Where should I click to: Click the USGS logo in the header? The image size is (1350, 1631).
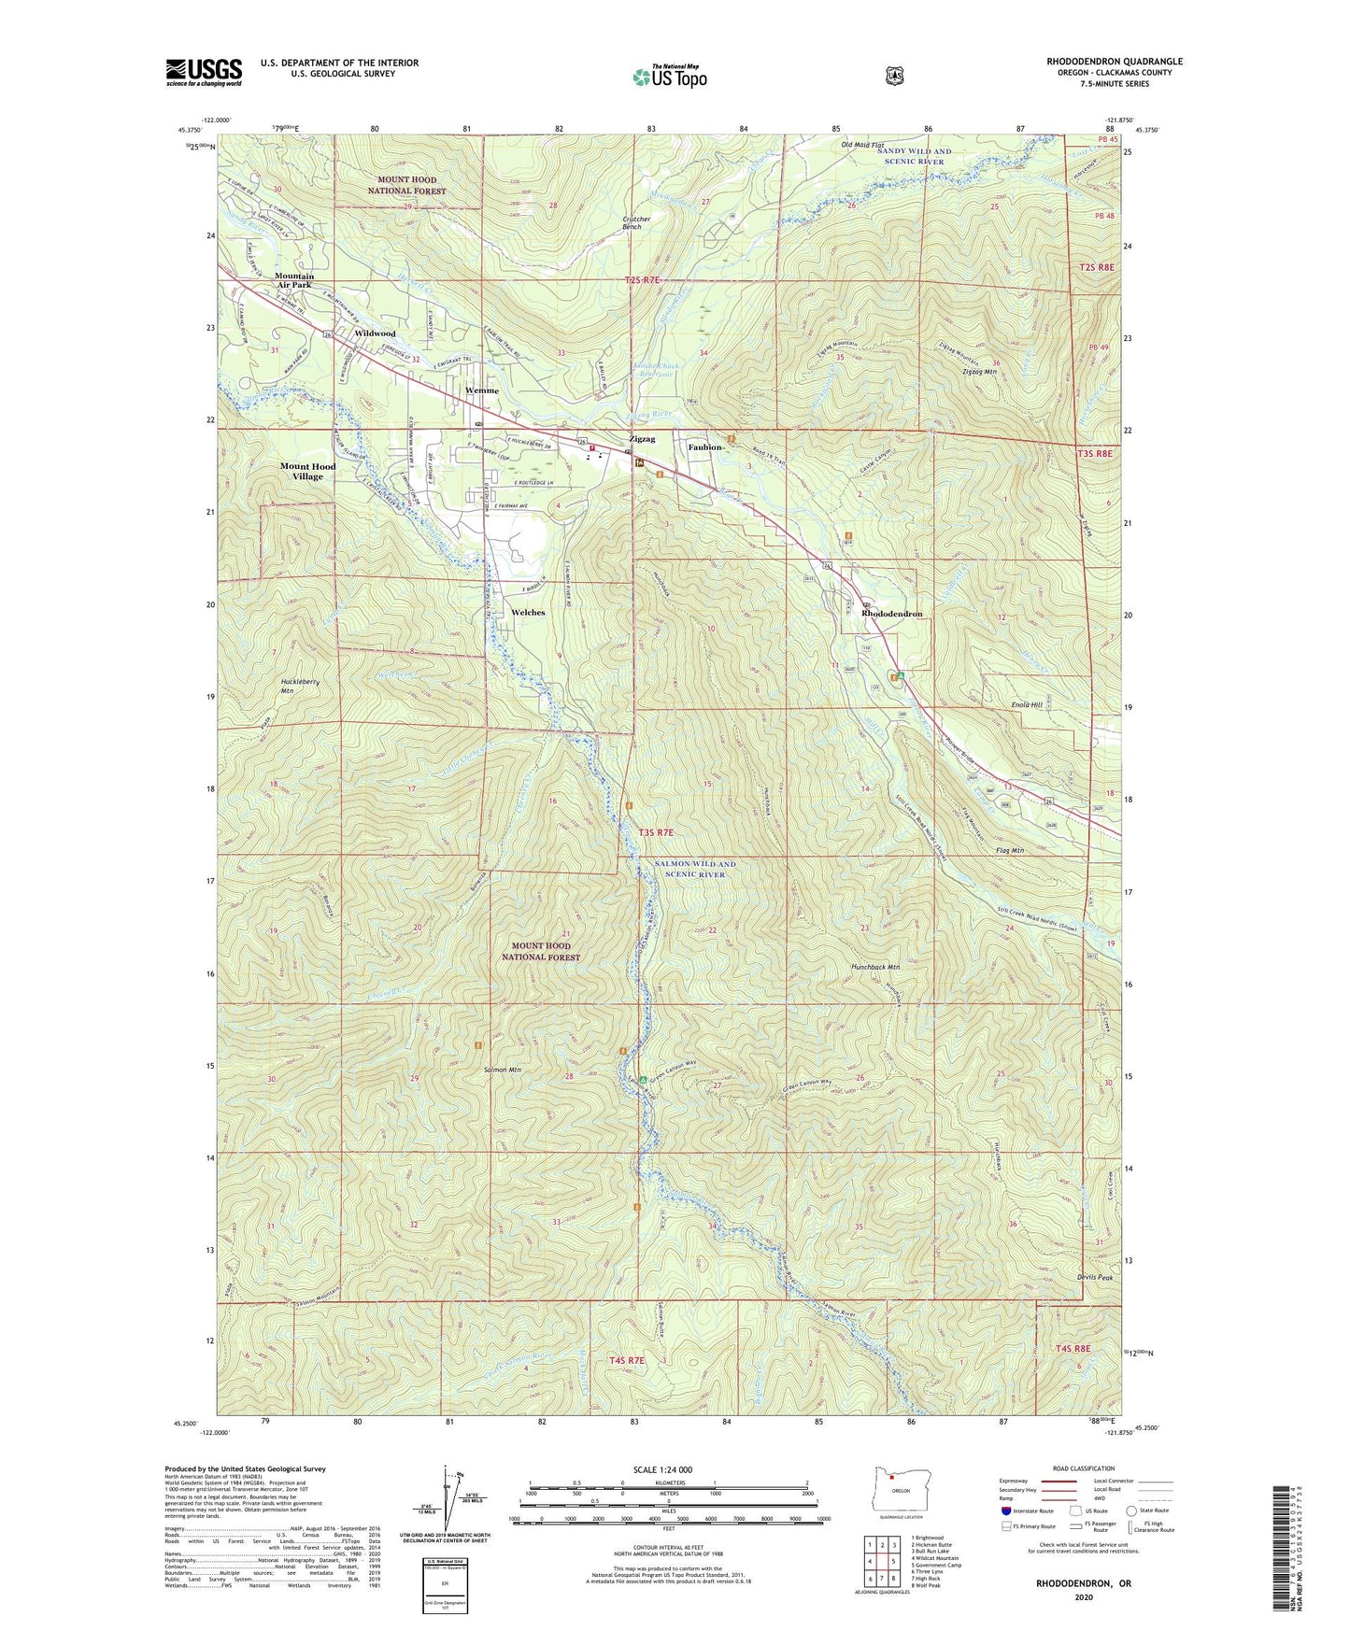click(204, 72)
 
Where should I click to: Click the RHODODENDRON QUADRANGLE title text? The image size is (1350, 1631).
click(1114, 62)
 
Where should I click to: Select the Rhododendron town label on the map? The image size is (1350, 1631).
click(891, 614)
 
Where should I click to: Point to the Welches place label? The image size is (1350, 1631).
click(528, 613)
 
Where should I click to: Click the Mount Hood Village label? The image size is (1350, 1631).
click(307, 471)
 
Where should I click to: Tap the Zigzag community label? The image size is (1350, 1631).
click(642, 439)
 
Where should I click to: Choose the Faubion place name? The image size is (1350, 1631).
click(705, 447)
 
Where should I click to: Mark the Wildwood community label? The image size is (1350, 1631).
click(375, 333)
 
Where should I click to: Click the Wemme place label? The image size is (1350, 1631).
click(482, 390)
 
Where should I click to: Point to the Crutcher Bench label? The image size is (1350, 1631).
click(636, 222)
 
